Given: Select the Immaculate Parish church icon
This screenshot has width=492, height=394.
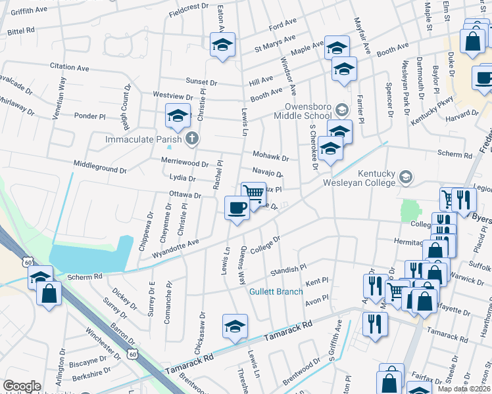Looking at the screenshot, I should tap(192, 139).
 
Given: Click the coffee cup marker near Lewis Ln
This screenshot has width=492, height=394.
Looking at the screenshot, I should tap(237, 208).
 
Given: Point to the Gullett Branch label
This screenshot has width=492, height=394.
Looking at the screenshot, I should tap(276, 292).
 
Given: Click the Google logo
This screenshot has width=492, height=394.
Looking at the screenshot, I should tap(22, 386).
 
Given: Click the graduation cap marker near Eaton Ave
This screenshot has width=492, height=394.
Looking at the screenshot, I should tap(222, 45).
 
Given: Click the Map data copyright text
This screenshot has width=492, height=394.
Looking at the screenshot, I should tap(462, 387).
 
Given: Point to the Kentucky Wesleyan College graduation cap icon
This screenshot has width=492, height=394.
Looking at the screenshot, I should tap(406, 177).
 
